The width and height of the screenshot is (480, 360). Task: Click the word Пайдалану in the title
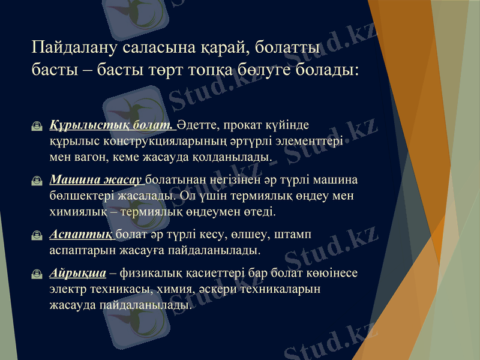point(74,47)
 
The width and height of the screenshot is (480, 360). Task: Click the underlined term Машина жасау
point(96,179)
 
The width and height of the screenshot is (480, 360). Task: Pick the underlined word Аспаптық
point(81,233)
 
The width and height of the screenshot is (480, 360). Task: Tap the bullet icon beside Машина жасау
point(38,180)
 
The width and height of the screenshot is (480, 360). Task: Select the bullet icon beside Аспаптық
point(38,234)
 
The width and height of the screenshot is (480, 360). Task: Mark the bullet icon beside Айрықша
point(38,274)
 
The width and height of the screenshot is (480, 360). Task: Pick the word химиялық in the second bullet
point(76,211)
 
